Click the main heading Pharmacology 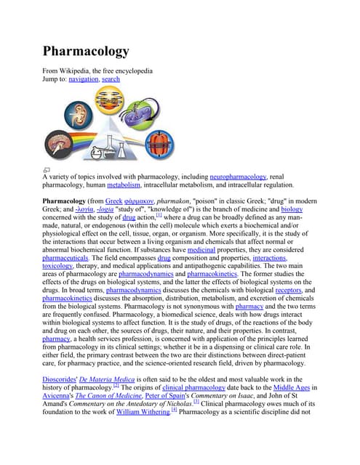(x=86, y=52)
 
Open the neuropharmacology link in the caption (x=239, y=177)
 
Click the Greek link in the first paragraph (x=113, y=201)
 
